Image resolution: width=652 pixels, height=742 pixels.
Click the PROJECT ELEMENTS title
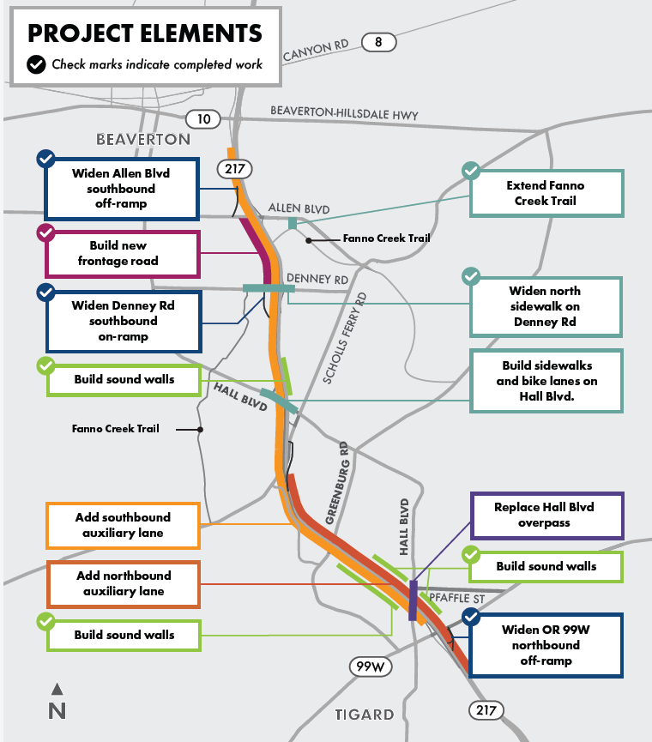click(145, 33)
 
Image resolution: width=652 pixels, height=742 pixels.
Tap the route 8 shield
click(378, 41)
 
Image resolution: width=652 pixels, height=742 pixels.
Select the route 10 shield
click(203, 119)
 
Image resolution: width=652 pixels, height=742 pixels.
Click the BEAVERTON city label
click(143, 139)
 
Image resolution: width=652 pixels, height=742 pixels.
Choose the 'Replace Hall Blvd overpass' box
click(544, 515)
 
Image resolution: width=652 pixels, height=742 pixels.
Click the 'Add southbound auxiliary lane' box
click(124, 525)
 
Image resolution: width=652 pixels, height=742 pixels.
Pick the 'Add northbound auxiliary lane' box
click(124, 583)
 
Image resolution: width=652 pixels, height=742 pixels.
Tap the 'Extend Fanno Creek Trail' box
click(546, 193)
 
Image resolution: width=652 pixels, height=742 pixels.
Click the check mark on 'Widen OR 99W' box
click(471, 617)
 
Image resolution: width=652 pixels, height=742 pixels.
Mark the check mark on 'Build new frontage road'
click(45, 232)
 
